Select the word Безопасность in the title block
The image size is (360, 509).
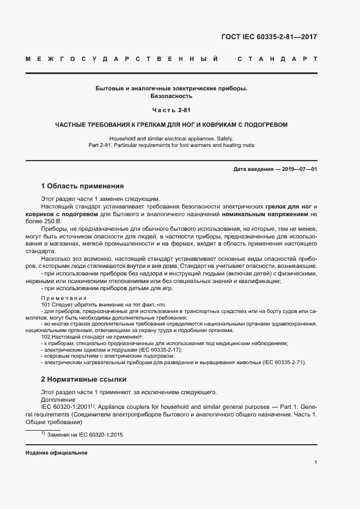172,96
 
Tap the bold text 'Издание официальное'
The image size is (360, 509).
57,453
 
